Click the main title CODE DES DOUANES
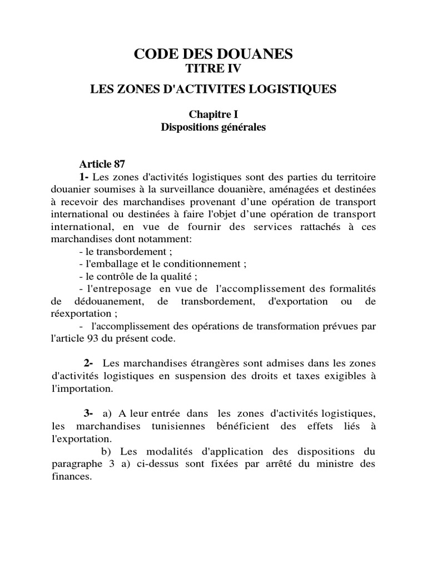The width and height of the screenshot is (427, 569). click(x=213, y=54)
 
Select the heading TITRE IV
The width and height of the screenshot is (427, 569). click(x=213, y=68)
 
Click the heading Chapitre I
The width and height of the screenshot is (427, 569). click(x=213, y=115)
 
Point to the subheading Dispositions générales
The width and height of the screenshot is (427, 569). click(x=213, y=127)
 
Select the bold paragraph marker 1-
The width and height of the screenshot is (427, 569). click(x=85, y=177)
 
